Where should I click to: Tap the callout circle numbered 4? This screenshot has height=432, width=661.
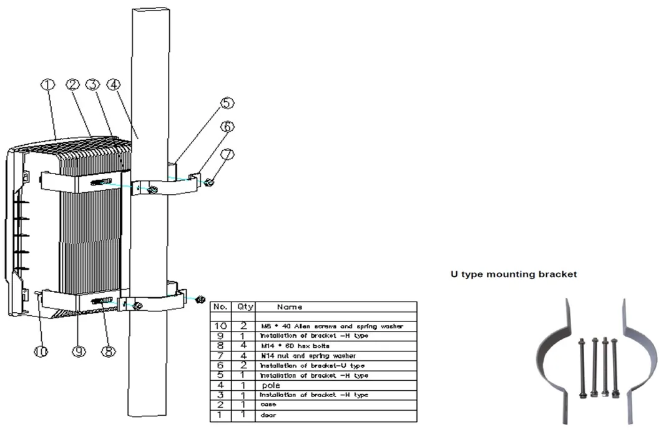pos(115,86)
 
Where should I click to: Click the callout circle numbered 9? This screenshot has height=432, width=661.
pos(78,352)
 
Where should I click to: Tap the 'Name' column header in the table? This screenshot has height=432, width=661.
pos(290,307)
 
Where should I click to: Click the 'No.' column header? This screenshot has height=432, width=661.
pos(220,307)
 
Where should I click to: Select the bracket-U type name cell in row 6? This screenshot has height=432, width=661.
pos(312,366)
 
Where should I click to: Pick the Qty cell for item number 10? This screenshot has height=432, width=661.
pos(242,326)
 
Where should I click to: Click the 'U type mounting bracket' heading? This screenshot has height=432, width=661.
pos(513,274)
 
